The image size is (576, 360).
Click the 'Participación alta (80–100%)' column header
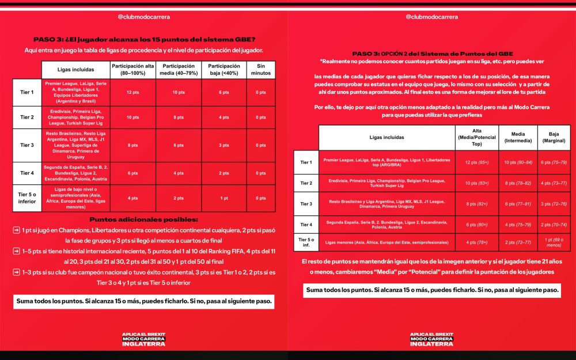click(x=132, y=70)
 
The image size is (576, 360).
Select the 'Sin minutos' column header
click(x=261, y=70)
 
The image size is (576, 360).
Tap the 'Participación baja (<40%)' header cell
click(x=224, y=70)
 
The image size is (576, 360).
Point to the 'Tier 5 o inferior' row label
click(x=27, y=198)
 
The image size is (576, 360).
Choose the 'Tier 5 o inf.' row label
click(x=306, y=242)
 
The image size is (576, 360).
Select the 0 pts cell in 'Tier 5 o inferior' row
click(x=261, y=198)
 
